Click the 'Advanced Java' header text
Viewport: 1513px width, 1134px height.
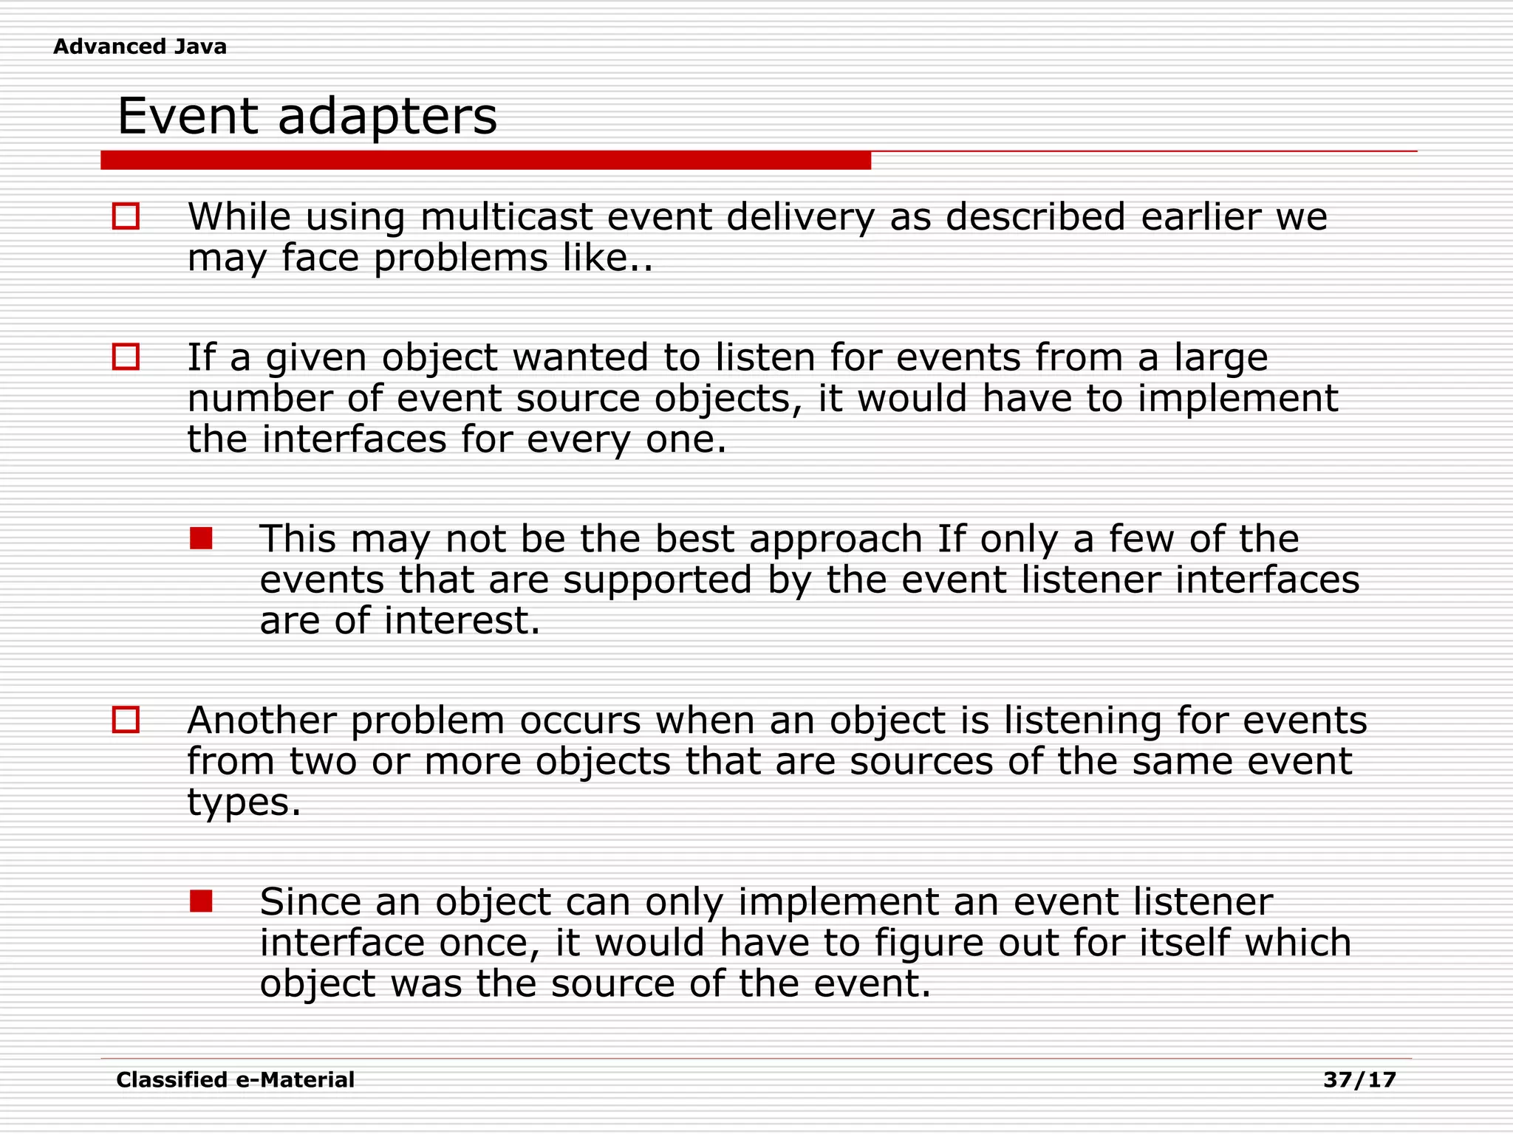[x=140, y=47]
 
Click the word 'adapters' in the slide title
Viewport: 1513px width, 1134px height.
[x=387, y=117]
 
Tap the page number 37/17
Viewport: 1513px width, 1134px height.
[x=1359, y=1080]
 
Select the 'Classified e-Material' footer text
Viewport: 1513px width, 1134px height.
[x=235, y=1080]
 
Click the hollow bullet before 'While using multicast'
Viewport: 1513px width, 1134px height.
[x=126, y=216]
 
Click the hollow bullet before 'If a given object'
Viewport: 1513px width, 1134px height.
[x=126, y=357]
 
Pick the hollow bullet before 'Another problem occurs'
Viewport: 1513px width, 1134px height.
[x=126, y=720]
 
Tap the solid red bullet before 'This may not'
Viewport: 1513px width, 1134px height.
[x=201, y=538]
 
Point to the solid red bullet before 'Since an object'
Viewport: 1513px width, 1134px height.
[x=201, y=901]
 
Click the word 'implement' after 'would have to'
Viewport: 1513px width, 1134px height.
[x=1237, y=399]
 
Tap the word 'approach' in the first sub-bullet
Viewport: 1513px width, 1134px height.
[x=836, y=539]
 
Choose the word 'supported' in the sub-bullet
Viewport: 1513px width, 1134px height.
[x=658, y=580]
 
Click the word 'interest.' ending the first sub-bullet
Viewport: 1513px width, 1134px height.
[x=462, y=621]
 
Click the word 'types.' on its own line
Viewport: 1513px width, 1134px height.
[x=244, y=803]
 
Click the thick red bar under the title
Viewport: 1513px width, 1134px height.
[x=485, y=160]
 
